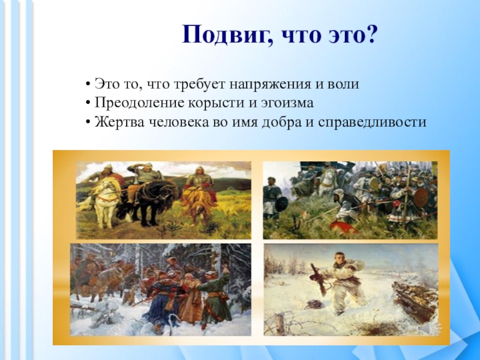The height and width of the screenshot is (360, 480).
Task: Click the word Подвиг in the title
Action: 224,35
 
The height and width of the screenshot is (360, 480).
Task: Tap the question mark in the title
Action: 370,34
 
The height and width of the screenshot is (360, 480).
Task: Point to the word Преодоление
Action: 139,103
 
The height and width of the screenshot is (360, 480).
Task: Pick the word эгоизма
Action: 287,103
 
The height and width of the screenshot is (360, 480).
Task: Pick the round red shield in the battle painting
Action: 421,197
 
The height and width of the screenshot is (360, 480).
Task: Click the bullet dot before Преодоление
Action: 88,103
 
